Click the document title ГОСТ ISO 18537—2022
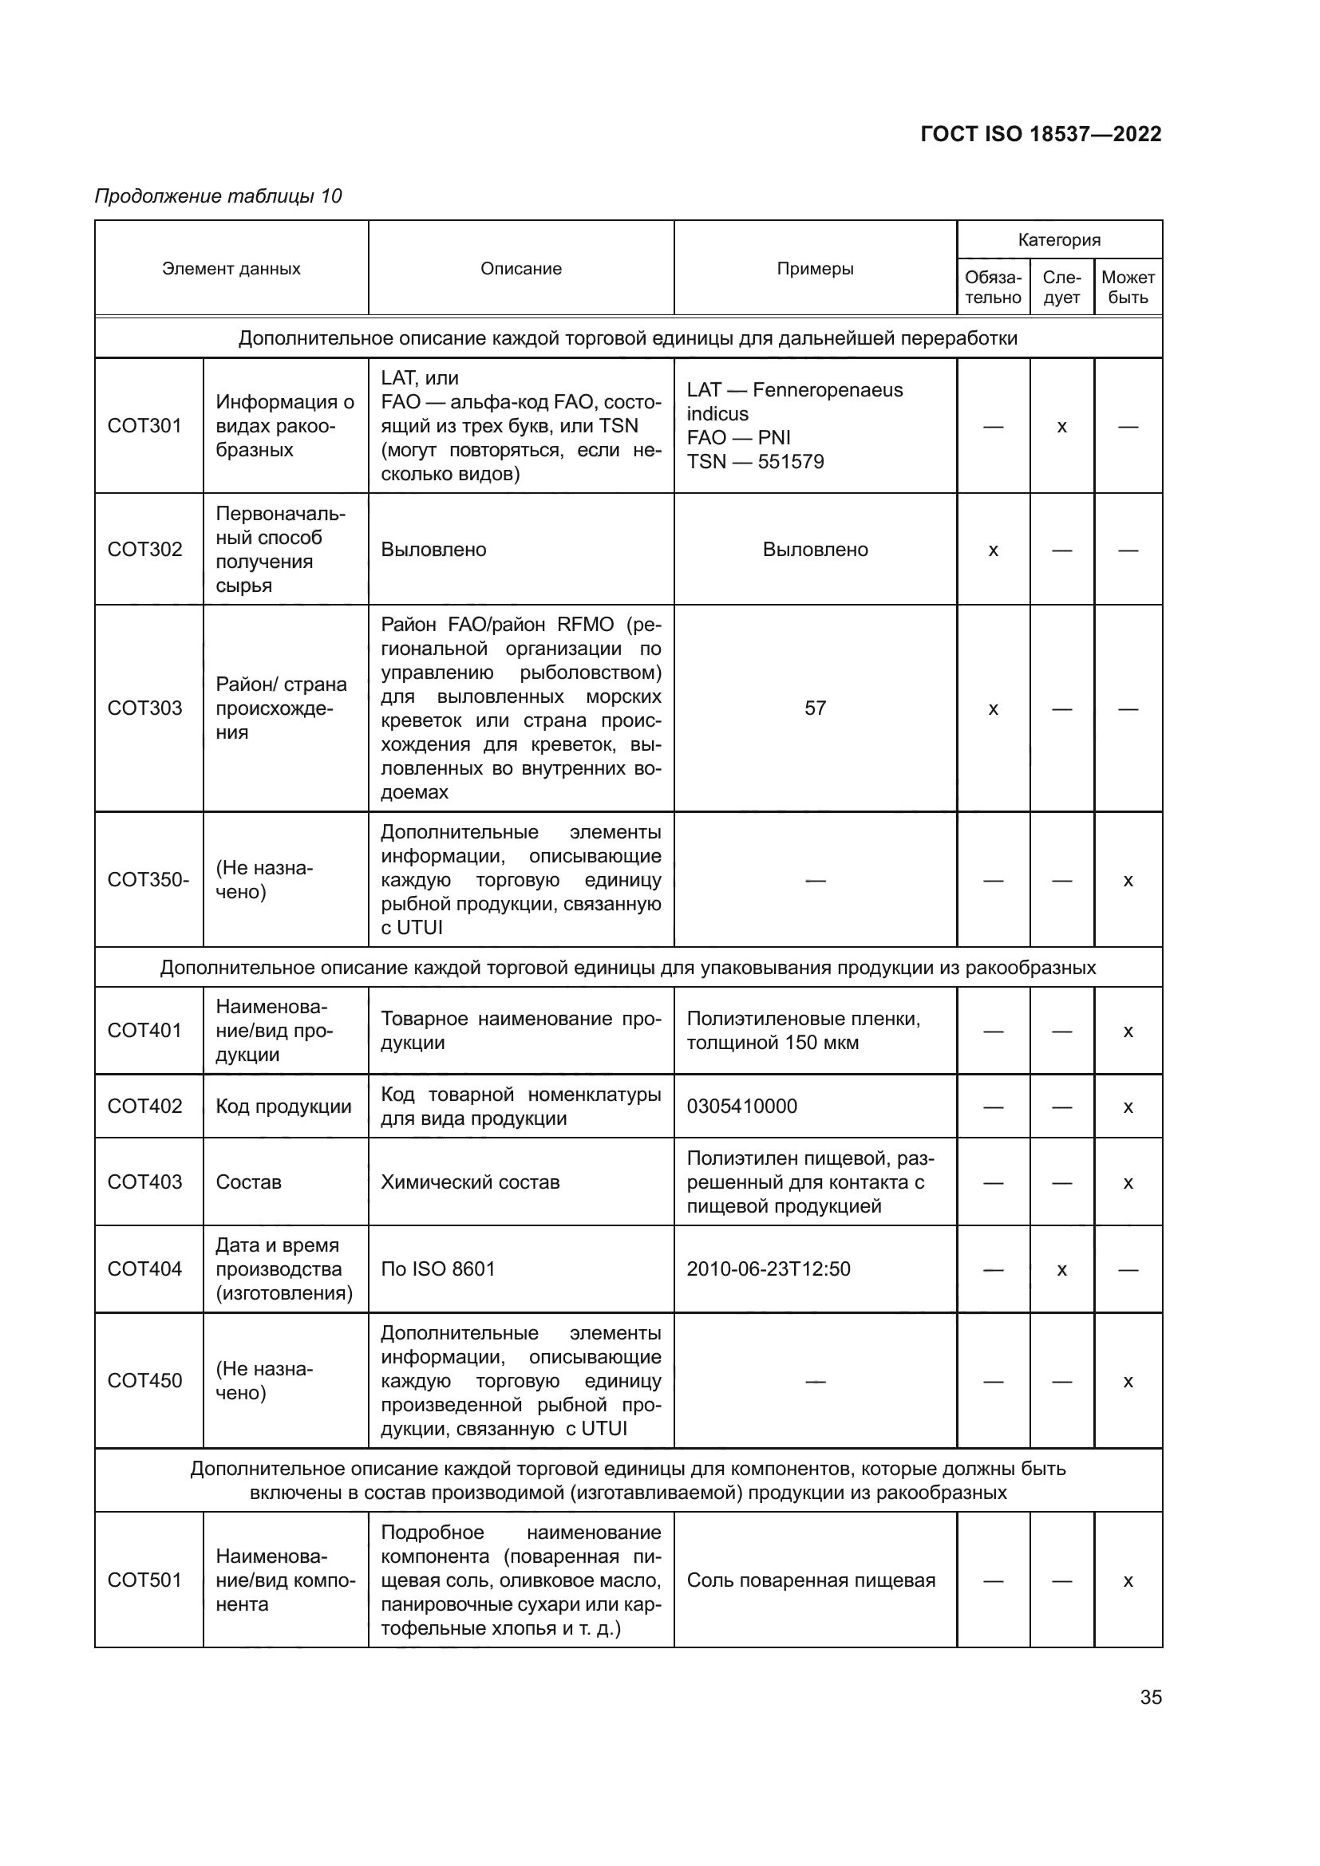(1041, 134)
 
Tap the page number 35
(1150, 1697)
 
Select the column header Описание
(520, 269)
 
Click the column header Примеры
(815, 269)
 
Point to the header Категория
(1058, 240)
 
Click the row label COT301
(144, 426)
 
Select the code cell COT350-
(148, 879)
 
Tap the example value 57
(815, 708)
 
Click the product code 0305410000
(741, 1106)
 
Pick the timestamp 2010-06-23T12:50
(768, 1268)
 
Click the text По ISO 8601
(437, 1268)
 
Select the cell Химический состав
(470, 1182)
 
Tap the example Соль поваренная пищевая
(810, 1580)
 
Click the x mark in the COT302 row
(993, 550)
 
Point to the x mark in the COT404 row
(1061, 1269)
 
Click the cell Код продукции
(283, 1106)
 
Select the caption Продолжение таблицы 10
(218, 196)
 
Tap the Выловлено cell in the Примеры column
(815, 550)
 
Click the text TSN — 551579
(755, 462)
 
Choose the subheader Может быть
(1128, 287)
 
